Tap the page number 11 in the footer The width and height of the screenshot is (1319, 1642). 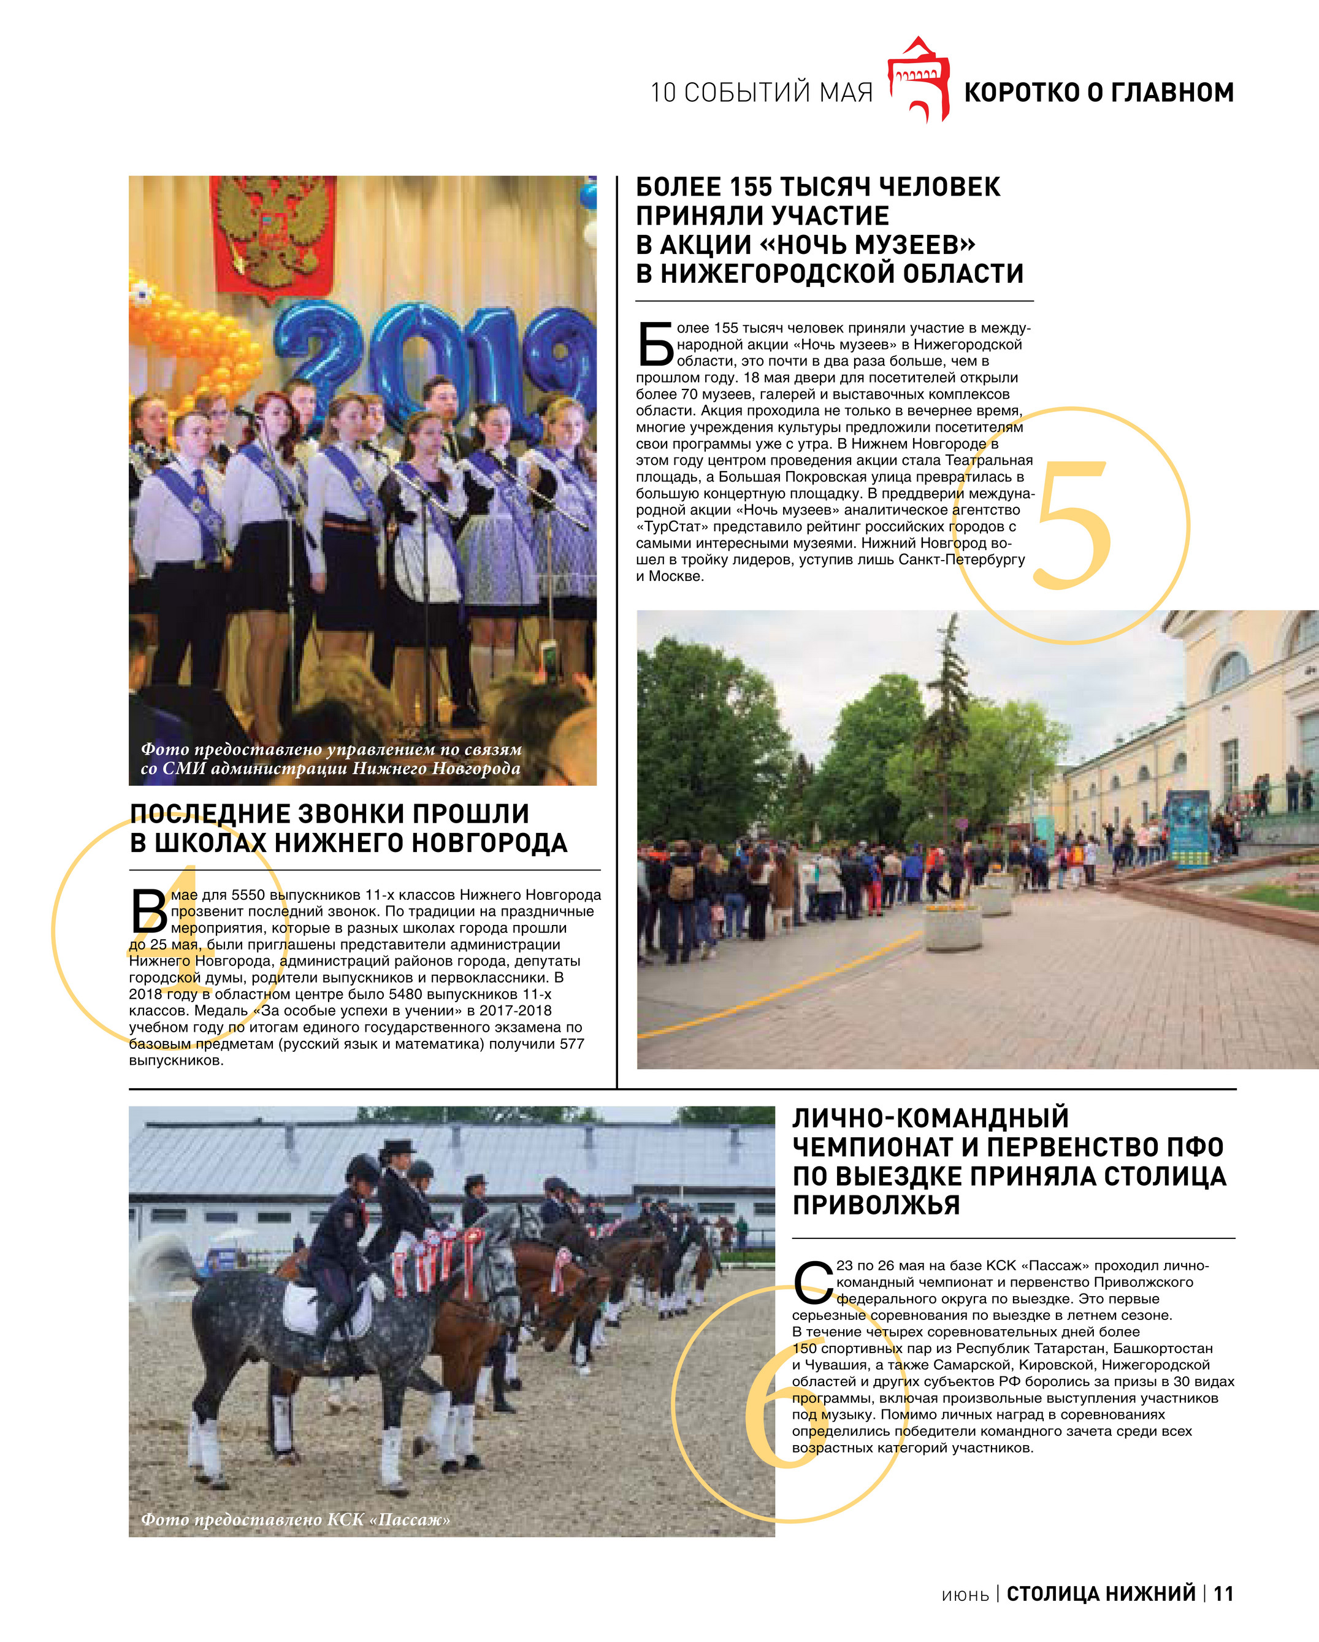(x=1223, y=1594)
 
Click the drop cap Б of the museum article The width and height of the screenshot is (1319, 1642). (x=655, y=344)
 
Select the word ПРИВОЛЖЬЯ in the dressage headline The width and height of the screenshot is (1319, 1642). (x=876, y=1206)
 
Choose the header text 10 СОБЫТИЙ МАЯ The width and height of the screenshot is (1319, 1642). (x=761, y=93)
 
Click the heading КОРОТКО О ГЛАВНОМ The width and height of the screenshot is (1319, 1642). (x=1098, y=92)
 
